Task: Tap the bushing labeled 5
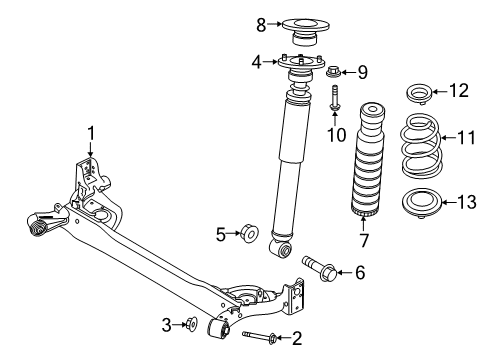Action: tap(249, 235)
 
